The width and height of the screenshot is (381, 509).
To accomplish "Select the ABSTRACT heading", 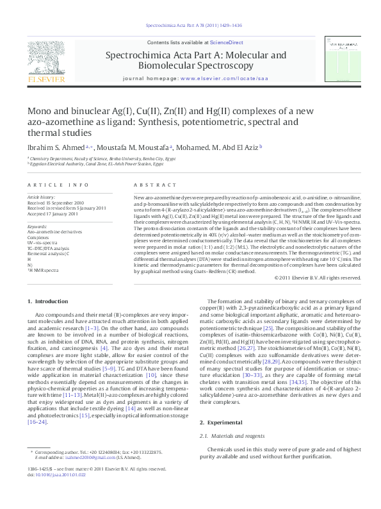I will pos(150,185).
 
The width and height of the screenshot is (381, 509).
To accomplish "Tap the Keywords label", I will pos(37,226).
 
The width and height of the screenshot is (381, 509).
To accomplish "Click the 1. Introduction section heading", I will pos(48,301).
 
